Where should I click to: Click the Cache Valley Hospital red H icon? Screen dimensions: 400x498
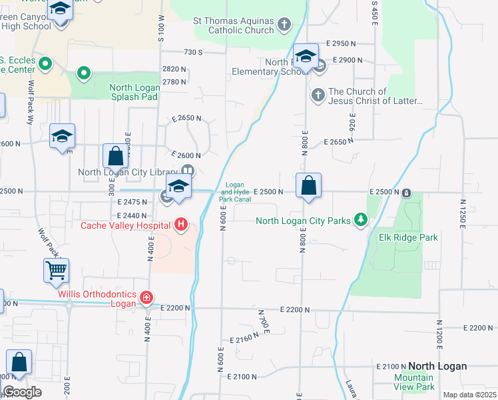(180, 225)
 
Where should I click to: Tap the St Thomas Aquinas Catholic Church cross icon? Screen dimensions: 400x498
(284, 25)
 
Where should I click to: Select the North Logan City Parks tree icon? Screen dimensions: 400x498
(361, 219)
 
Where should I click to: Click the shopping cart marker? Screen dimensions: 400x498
(57, 271)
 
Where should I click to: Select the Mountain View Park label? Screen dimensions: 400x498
(414, 382)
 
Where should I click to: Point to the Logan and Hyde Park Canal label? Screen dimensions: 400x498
(236, 191)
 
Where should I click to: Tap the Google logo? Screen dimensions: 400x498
(22, 392)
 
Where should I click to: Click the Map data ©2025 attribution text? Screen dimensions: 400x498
(469, 395)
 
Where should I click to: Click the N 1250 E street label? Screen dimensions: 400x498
(462, 214)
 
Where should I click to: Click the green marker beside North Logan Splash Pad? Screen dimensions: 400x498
(83, 73)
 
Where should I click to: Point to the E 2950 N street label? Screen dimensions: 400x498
(341, 43)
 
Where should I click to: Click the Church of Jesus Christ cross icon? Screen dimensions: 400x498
(318, 96)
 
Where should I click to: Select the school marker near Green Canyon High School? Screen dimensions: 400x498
(61, 11)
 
